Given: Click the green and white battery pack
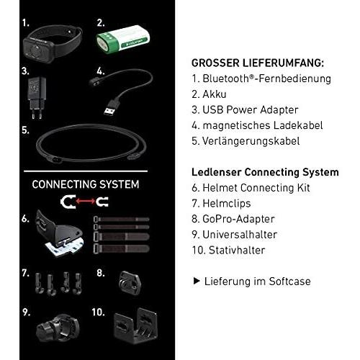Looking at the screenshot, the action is [x=123, y=40].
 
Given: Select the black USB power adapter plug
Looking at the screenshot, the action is [x=37, y=97].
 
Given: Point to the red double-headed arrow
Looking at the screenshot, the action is [x=86, y=201].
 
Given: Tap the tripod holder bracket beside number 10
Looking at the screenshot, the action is [x=135, y=325].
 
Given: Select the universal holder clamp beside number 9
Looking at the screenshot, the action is [x=58, y=328].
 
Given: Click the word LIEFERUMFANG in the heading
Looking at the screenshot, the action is [x=283, y=63].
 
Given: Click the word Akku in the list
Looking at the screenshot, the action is [x=215, y=94].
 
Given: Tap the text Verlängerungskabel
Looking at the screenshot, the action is [x=251, y=141].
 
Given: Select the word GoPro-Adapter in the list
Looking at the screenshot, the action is [x=238, y=219].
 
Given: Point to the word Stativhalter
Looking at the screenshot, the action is [x=237, y=250].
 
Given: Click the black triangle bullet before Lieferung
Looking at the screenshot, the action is [x=197, y=281].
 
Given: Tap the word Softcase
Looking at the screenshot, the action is [x=289, y=282].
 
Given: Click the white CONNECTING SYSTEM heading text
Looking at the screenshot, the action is [x=86, y=184].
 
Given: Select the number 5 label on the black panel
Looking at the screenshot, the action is [x=25, y=130].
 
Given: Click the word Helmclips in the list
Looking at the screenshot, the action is [x=227, y=204].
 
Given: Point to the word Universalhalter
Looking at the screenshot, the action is [x=240, y=235].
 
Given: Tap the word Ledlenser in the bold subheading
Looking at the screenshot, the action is [x=217, y=172].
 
